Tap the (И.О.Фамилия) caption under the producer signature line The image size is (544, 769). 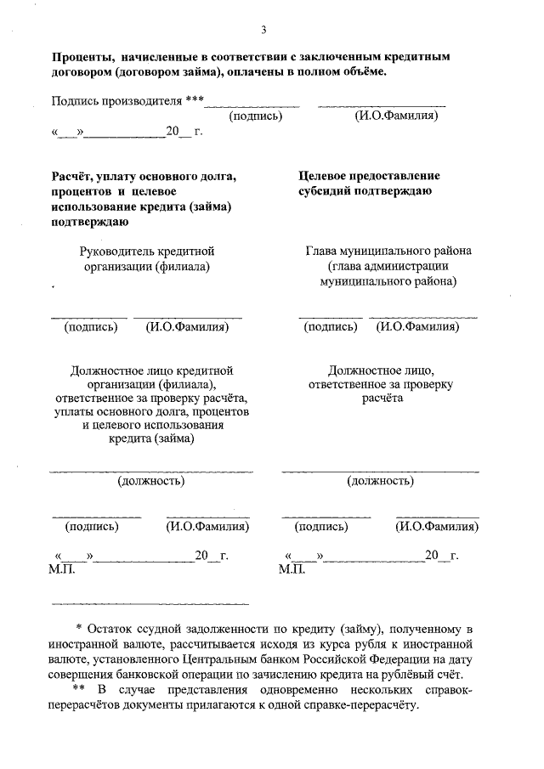tap(396, 115)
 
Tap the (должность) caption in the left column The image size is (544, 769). tap(150, 482)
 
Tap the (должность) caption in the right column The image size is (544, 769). tap(380, 482)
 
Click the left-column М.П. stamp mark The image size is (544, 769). tap(62, 568)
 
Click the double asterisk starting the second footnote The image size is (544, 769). tap(78, 688)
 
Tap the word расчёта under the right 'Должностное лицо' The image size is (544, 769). tap(380, 398)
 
